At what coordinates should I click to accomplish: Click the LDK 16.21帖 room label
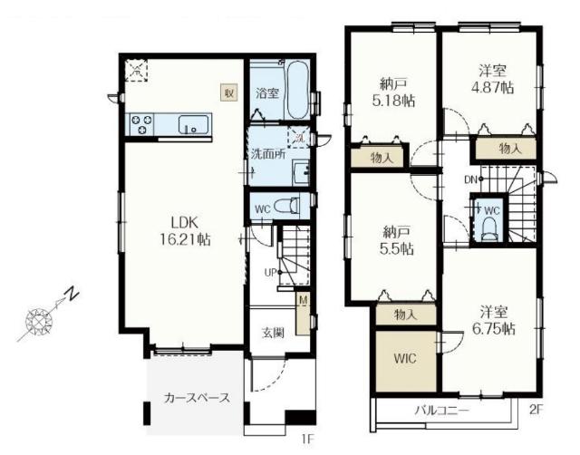click(x=185, y=231)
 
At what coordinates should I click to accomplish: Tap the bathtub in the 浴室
click(x=297, y=90)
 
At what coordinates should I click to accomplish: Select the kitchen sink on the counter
click(x=193, y=125)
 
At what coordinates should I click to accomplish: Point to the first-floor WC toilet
click(x=287, y=205)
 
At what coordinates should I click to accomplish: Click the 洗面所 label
click(x=268, y=154)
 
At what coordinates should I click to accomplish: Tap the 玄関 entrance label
click(x=273, y=333)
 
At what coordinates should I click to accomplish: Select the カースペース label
click(x=198, y=398)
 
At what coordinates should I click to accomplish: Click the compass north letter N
click(x=72, y=294)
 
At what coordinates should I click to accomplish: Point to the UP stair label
click(x=270, y=273)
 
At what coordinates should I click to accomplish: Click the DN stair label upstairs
click(x=470, y=179)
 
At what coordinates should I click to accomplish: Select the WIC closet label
click(x=405, y=358)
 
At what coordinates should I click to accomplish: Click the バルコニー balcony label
click(x=441, y=411)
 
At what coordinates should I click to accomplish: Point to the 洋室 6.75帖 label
click(x=494, y=320)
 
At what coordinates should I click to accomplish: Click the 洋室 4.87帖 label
click(x=492, y=79)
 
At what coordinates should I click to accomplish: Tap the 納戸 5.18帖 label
click(x=393, y=92)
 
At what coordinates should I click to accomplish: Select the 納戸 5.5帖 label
click(x=396, y=240)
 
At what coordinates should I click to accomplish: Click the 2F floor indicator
click(x=536, y=410)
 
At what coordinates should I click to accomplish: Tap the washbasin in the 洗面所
click(x=301, y=172)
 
